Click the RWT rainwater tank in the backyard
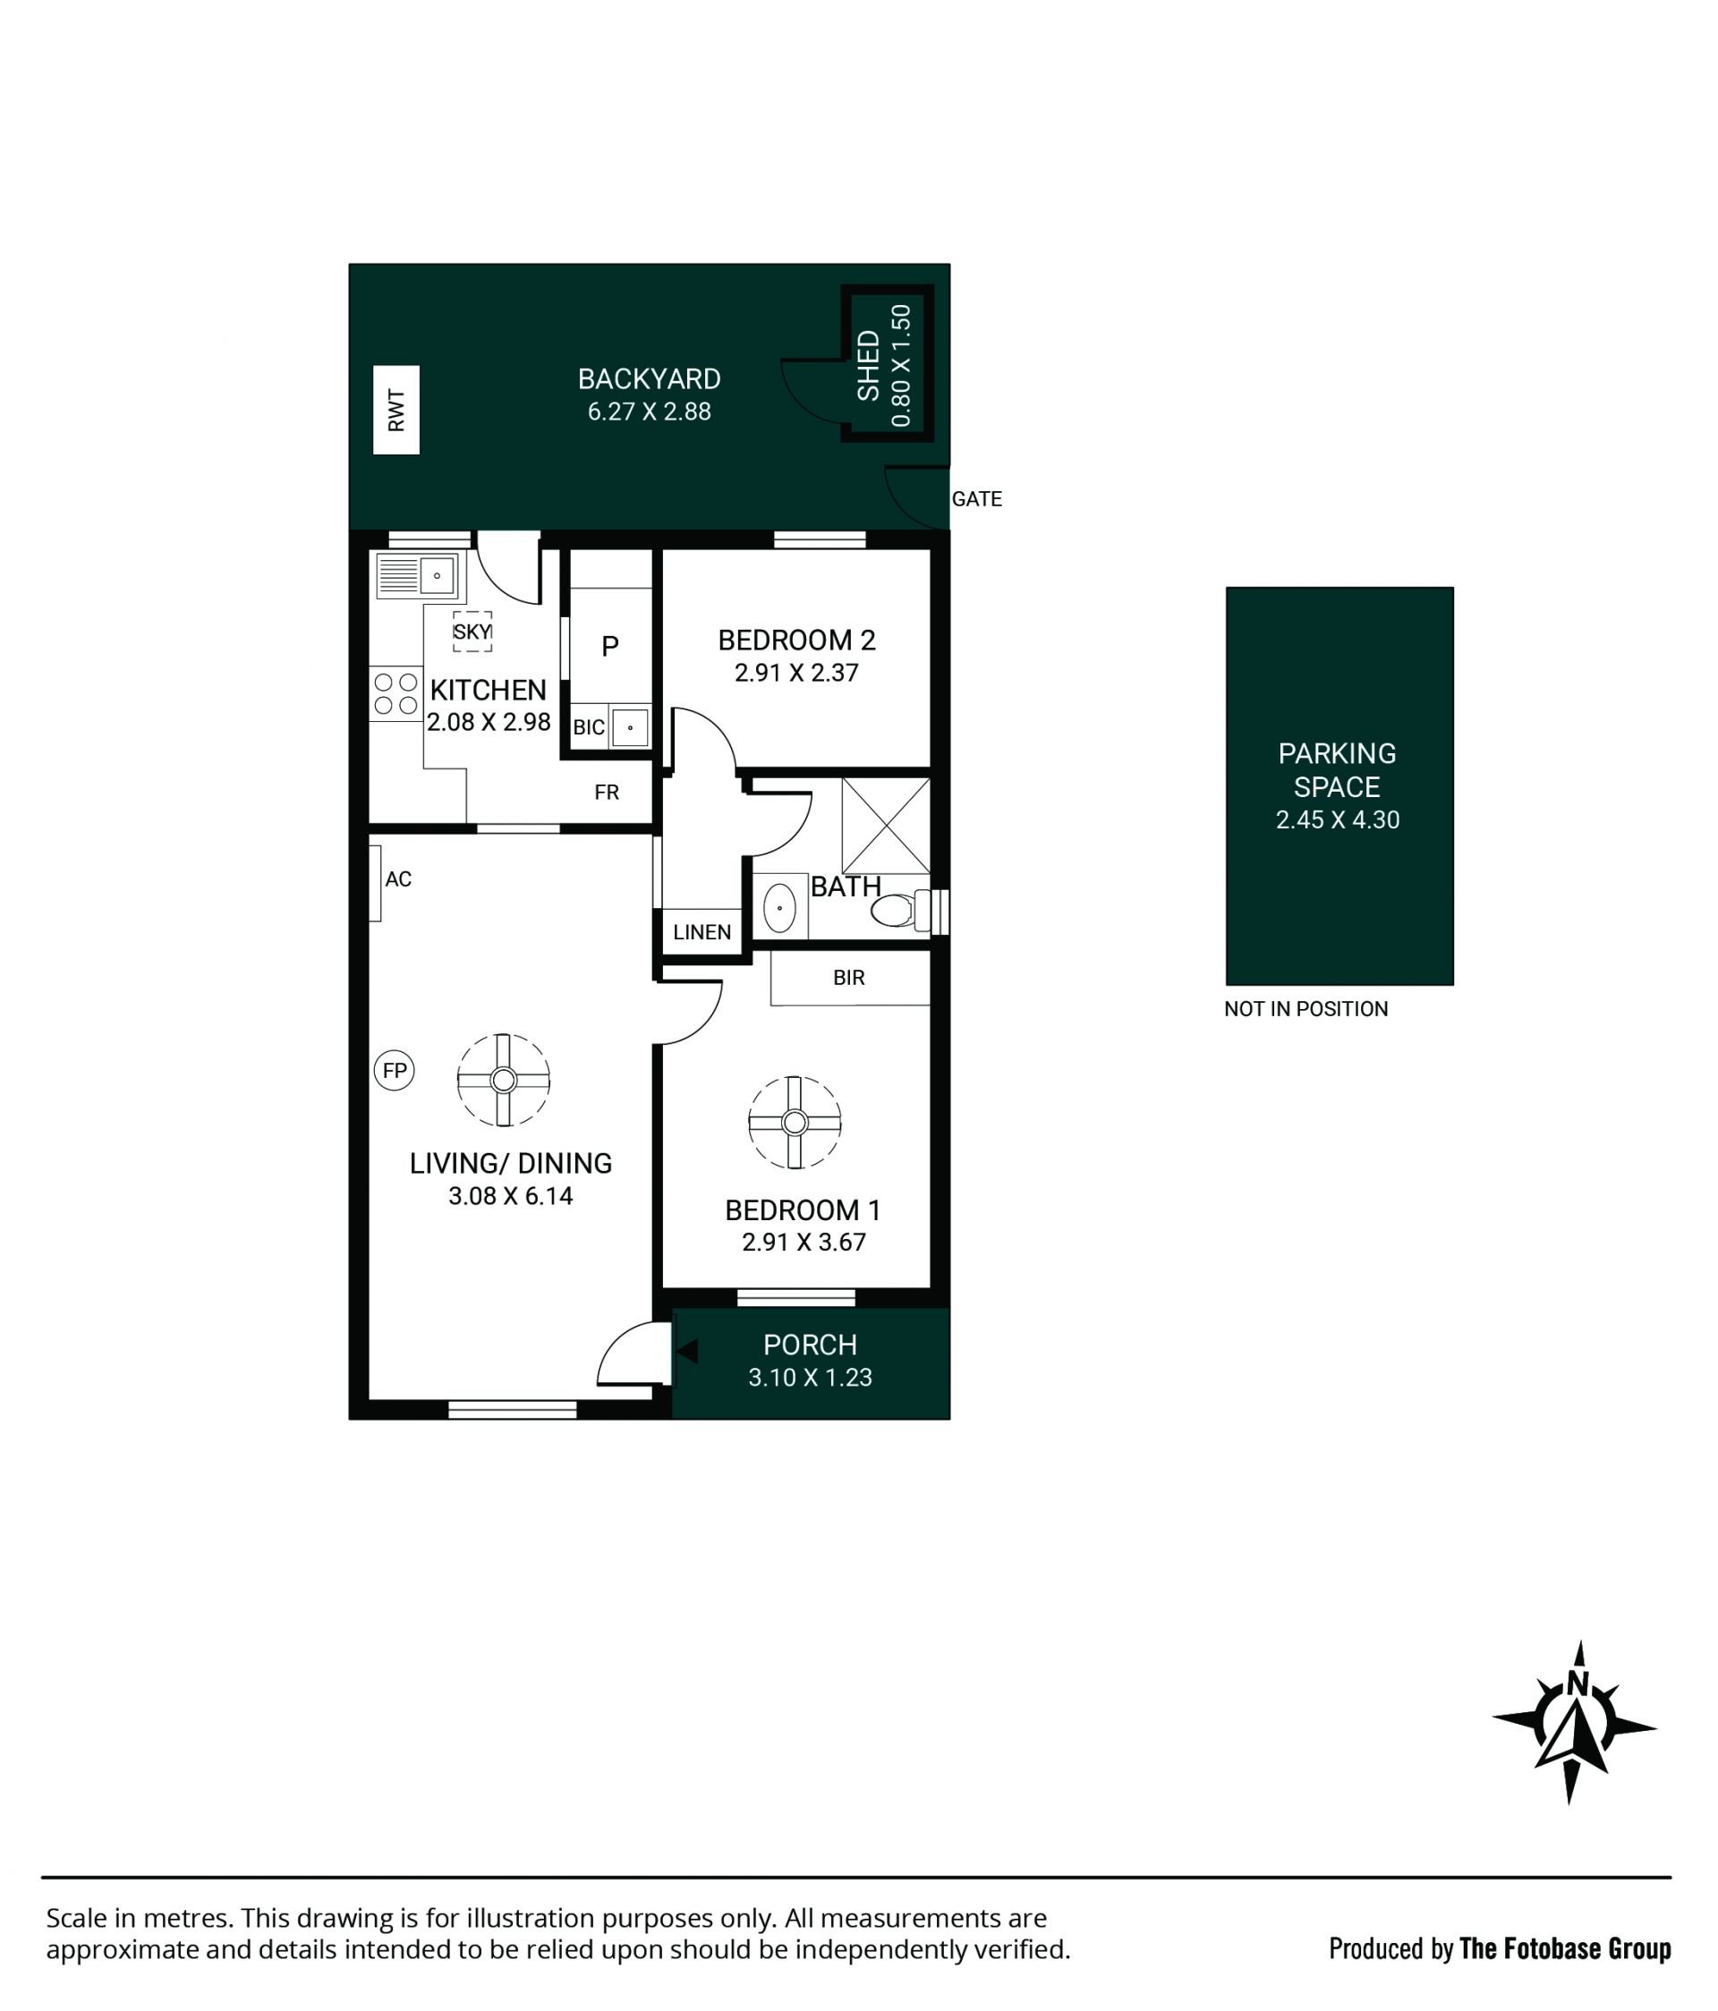396,410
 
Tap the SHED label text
868,365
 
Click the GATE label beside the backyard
976,499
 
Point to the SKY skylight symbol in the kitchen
472,631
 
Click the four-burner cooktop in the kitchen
396,693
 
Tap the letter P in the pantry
609,645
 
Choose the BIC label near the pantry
588,728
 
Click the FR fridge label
607,792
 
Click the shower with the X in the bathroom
885,825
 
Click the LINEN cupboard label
702,933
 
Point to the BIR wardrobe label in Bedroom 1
848,978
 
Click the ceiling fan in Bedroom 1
794,1122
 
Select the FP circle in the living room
394,1071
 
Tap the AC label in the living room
398,879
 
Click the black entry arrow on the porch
686,1351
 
